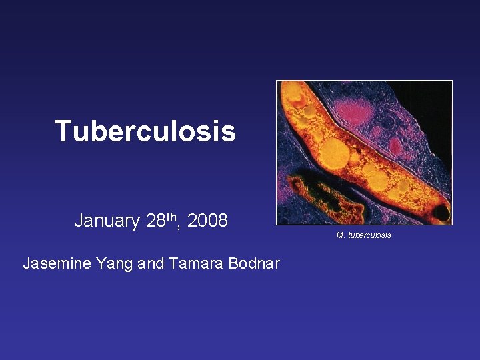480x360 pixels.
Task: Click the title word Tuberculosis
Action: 145,131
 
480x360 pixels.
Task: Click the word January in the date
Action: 107,221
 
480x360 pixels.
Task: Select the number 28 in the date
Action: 155,221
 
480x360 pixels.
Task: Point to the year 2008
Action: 207,221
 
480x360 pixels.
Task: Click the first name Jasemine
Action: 58,263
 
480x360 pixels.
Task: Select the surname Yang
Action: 115,263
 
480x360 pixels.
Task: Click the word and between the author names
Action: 151,263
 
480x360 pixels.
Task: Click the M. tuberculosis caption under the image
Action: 364,235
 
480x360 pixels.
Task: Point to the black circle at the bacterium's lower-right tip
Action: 441,213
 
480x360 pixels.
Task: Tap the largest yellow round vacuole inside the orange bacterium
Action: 333,153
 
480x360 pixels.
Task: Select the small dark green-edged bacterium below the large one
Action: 320,193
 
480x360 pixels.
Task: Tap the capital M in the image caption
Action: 340,235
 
